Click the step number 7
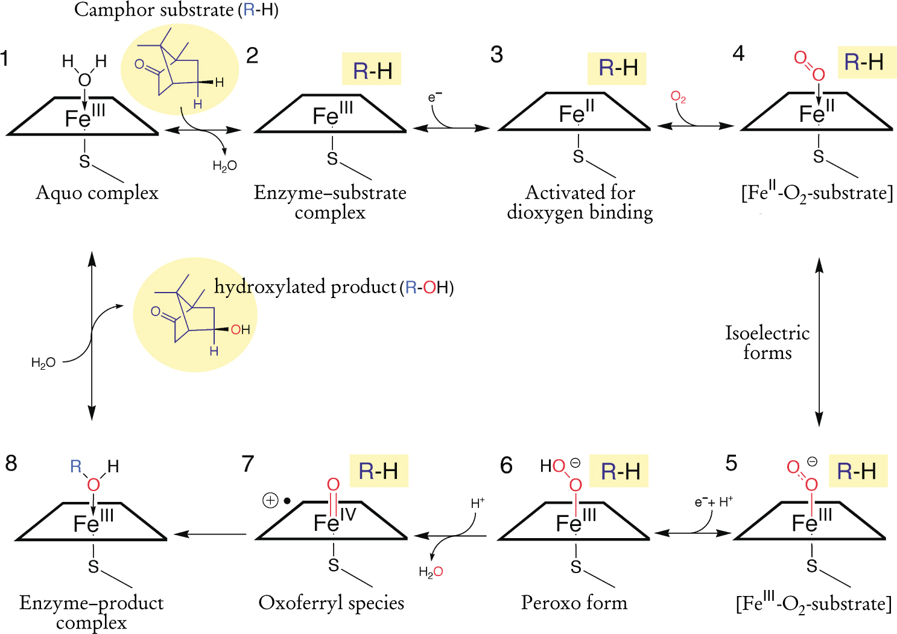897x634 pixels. (247, 464)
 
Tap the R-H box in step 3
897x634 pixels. (617, 68)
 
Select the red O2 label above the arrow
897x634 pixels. (678, 97)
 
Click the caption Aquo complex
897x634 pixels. (97, 193)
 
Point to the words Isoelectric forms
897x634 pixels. (767, 342)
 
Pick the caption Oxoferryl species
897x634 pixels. (331, 603)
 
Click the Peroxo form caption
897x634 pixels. (574, 603)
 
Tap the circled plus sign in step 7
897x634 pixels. (270, 500)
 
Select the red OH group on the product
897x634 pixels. (240, 329)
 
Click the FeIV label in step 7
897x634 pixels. (335, 521)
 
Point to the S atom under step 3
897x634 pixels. (578, 157)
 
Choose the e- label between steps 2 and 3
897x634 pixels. (435, 97)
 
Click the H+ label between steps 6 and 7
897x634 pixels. (478, 502)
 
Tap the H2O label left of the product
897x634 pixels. (43, 363)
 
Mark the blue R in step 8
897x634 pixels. (76, 466)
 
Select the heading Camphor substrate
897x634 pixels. (176, 10)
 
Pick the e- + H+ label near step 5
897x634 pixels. (714, 502)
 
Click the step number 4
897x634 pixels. (738, 54)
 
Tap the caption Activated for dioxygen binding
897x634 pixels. (580, 203)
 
